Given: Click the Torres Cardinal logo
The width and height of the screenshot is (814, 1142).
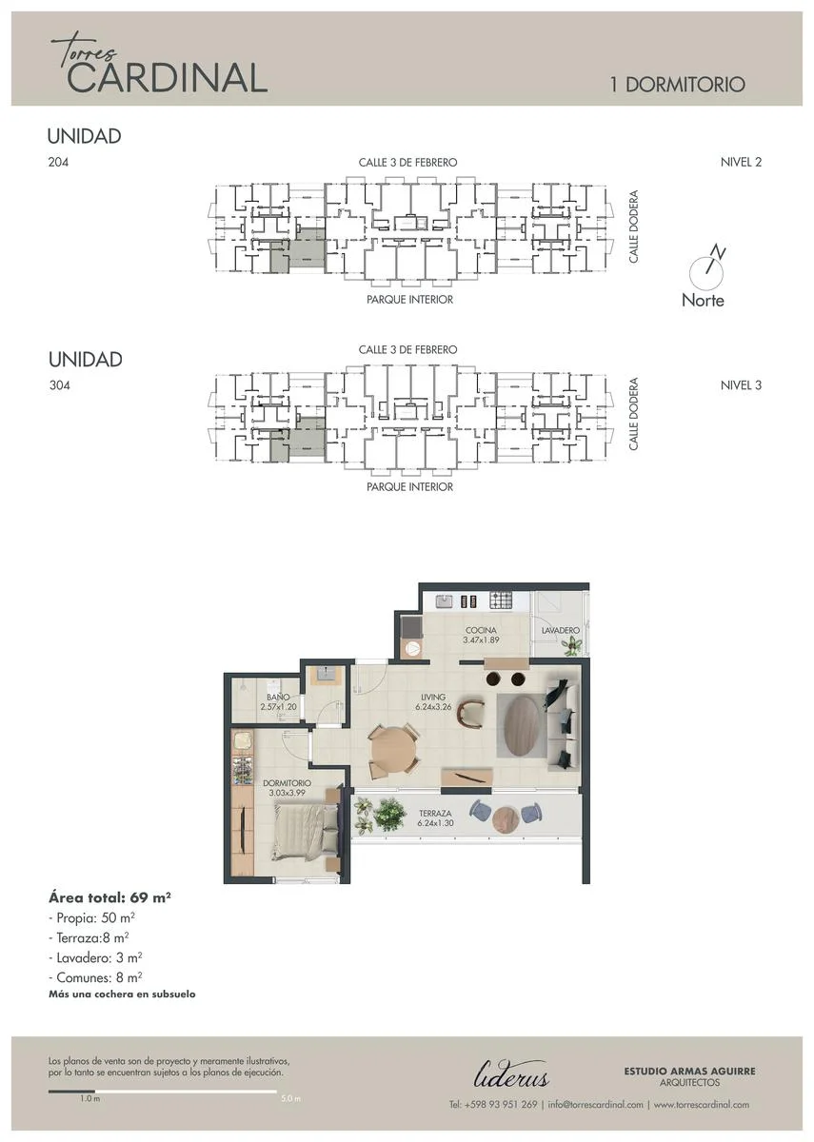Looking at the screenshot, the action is [x=159, y=65].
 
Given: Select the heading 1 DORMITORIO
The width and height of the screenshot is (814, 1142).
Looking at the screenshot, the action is [x=678, y=85].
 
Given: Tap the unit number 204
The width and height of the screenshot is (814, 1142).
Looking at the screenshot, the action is [x=58, y=162].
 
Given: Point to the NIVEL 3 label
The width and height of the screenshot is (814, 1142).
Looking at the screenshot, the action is [x=741, y=384].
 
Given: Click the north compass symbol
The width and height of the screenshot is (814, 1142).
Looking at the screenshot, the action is [x=706, y=268].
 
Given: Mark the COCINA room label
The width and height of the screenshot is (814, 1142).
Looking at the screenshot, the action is [x=481, y=630].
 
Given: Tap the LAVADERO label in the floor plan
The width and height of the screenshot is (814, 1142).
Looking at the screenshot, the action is [x=561, y=631].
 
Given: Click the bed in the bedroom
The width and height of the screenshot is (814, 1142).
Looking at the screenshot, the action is [x=307, y=830].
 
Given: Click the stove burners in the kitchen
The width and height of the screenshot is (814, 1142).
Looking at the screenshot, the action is [x=501, y=601].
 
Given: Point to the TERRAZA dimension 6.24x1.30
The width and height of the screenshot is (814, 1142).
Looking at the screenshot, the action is [x=436, y=823].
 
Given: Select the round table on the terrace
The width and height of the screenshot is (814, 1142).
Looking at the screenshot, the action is [x=506, y=819].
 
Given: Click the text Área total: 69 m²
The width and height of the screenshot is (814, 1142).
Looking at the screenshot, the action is [x=109, y=897].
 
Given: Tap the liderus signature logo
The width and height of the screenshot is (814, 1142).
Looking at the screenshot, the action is [x=511, y=1073].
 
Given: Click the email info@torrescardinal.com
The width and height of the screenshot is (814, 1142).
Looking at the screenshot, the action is [x=596, y=1104].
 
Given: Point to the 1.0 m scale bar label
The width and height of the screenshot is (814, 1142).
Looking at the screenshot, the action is [x=89, y=1098].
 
